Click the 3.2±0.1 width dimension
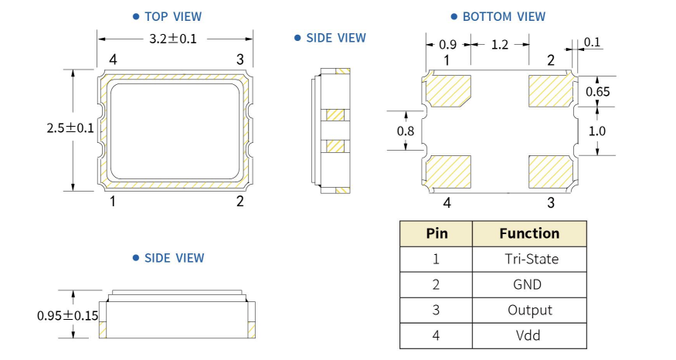pyautogui.click(x=174, y=38)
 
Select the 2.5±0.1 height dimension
pyautogui.click(x=70, y=129)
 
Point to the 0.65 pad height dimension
pyautogui.click(x=598, y=92)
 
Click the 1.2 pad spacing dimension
pyautogui.click(x=499, y=46)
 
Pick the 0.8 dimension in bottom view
pyautogui.click(x=406, y=131)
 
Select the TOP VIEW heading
pyautogui.click(x=172, y=15)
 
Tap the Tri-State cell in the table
pyautogui.click(x=529, y=259)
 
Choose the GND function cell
pyautogui.click(x=529, y=284)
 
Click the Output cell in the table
pyautogui.click(x=529, y=310)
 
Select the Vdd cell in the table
pyautogui.click(x=529, y=335)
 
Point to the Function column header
pyautogui.click(x=529, y=233)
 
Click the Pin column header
pyautogui.click(x=436, y=233)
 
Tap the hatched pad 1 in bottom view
pyautogui.click(x=448, y=90)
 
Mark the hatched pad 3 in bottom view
pyautogui.click(x=550, y=170)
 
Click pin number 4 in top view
pyautogui.click(x=113, y=59)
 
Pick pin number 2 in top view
pyautogui.click(x=240, y=202)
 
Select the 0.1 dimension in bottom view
pyautogui.click(x=593, y=42)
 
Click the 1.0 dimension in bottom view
pyautogui.click(x=598, y=131)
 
